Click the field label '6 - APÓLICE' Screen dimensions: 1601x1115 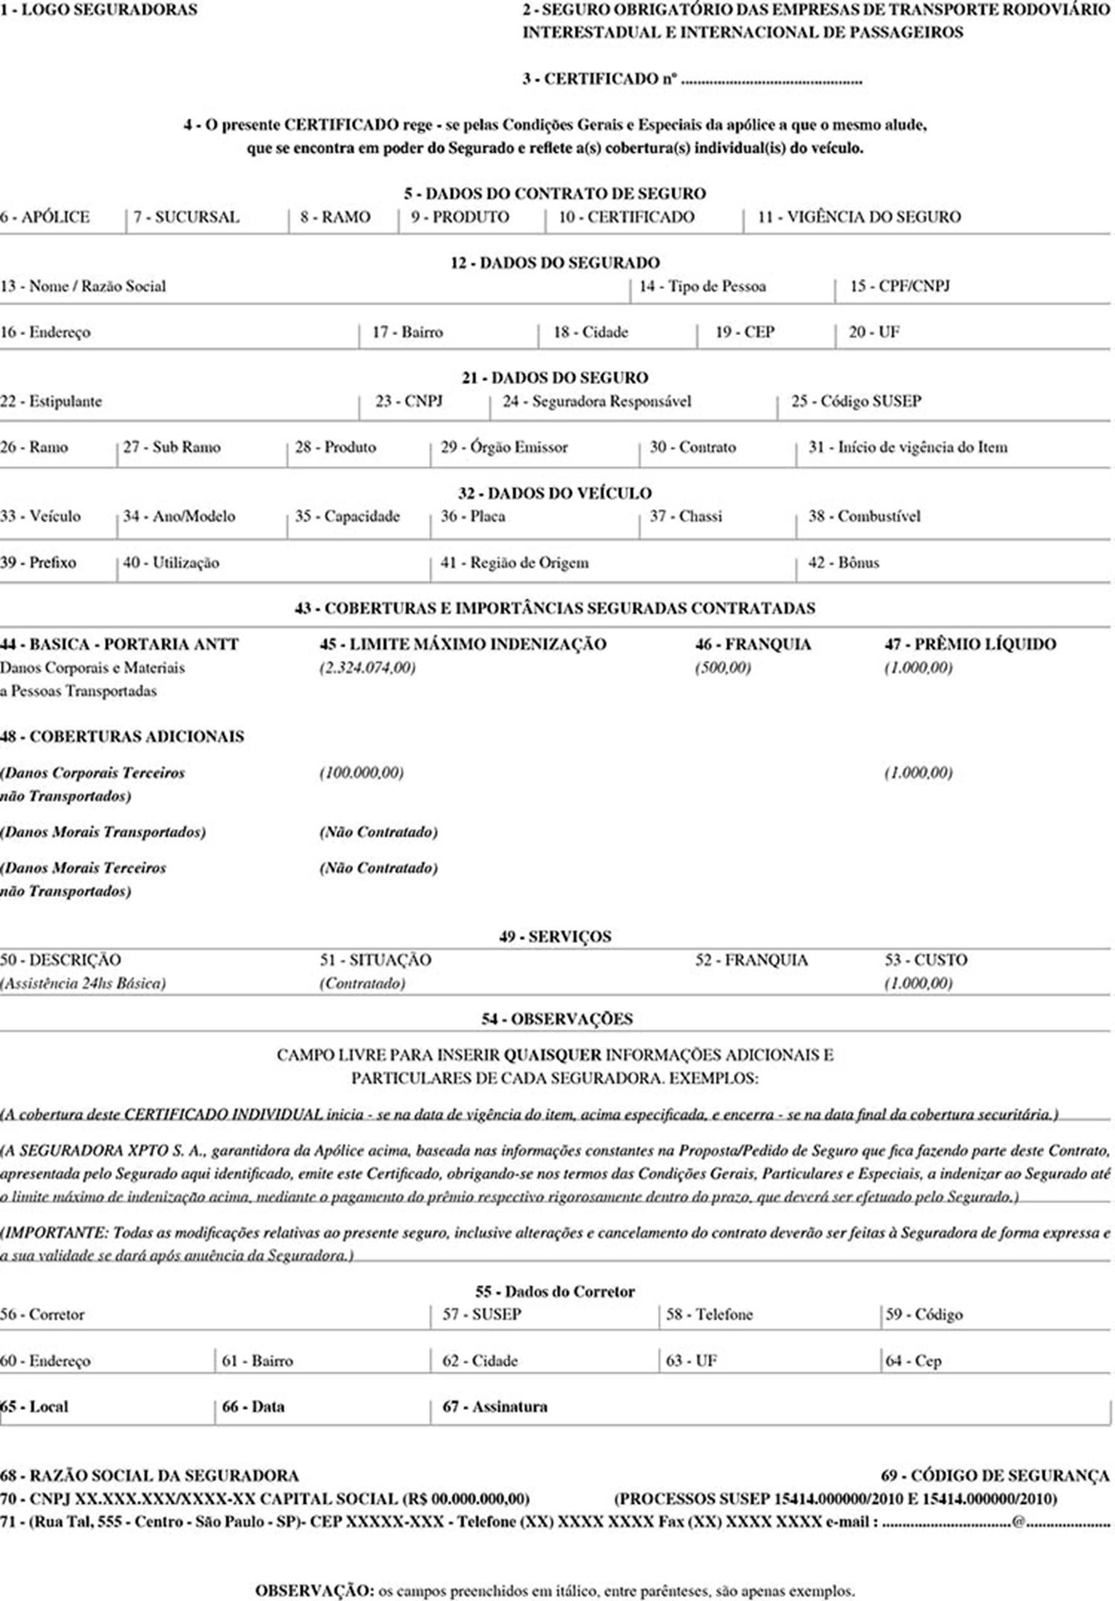45,217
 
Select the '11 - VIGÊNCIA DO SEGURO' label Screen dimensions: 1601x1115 858,217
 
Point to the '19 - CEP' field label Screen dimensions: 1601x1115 745,332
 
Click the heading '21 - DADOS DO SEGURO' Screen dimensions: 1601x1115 554,378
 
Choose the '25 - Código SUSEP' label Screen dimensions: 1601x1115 856,401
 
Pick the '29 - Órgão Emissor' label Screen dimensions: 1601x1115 504,447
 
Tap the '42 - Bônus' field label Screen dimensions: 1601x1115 843,563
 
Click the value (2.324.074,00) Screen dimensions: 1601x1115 367,667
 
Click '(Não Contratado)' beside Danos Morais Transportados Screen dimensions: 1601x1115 379,832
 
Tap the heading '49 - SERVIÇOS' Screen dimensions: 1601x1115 555,936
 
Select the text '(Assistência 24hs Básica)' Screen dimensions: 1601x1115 83,983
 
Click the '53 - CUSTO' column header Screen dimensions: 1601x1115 926,960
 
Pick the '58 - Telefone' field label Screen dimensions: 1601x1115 709,1315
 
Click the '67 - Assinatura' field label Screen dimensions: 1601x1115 495,1407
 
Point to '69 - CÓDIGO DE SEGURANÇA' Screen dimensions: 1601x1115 995,1476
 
